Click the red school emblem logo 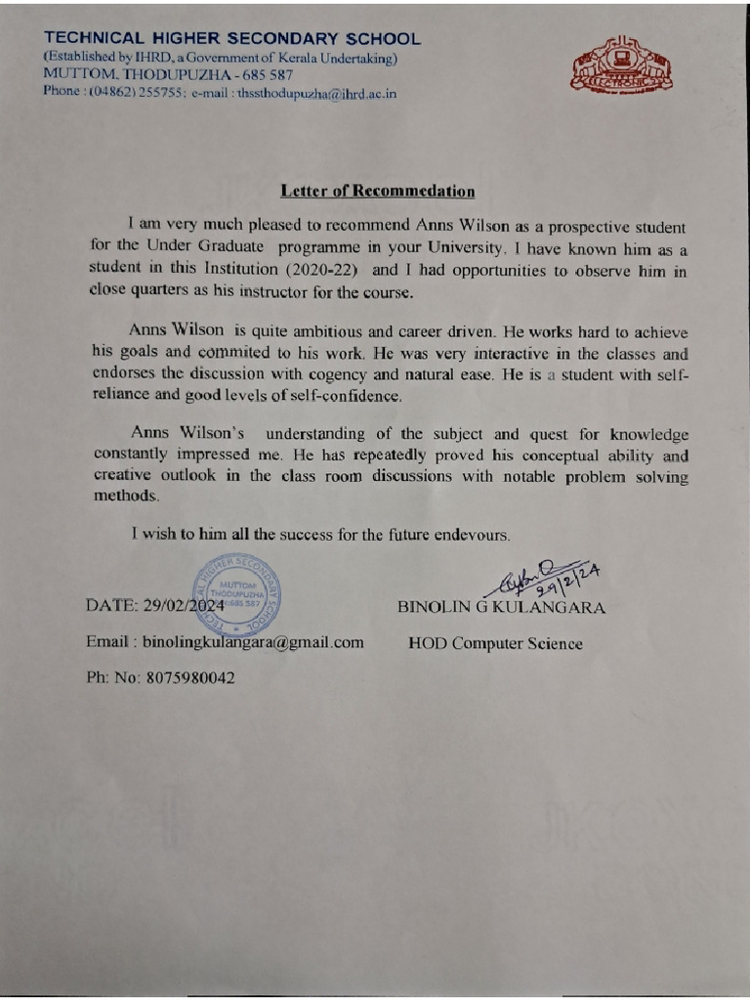tap(621, 66)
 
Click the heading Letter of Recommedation tap(378, 191)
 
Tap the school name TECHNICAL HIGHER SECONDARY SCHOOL tap(232, 39)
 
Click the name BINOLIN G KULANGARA tap(501, 607)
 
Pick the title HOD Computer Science tap(495, 643)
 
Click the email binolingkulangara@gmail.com tap(253, 642)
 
